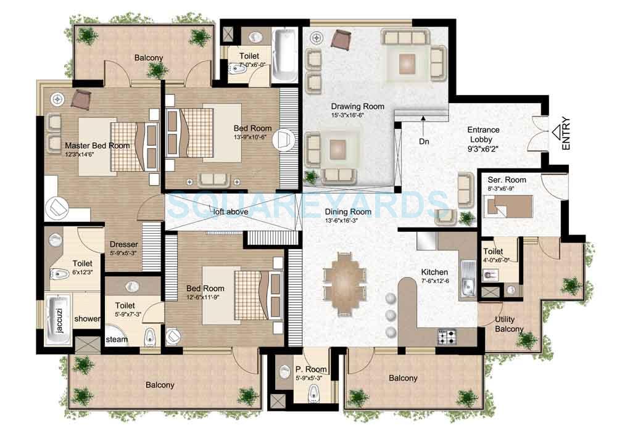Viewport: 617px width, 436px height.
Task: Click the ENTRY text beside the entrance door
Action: click(566, 134)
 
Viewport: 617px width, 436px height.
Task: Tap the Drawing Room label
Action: click(357, 107)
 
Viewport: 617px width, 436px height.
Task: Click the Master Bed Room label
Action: click(97, 146)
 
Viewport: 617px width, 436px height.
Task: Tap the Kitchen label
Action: click(434, 272)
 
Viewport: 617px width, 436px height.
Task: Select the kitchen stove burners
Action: click(447, 337)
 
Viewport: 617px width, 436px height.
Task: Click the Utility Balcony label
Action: click(509, 324)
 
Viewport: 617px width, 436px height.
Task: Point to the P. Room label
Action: click(311, 369)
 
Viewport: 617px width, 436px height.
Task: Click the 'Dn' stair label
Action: click(424, 141)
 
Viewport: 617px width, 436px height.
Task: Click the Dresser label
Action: click(123, 244)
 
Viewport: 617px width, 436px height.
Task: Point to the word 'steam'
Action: click(117, 340)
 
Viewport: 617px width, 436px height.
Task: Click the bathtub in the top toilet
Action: click(285, 50)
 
